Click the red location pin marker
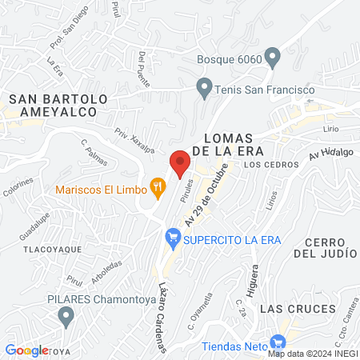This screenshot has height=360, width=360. pyautogui.click(x=179, y=162)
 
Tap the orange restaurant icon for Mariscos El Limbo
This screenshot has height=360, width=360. pyautogui.click(x=158, y=189)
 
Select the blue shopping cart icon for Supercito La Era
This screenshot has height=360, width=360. pyautogui.click(x=172, y=238)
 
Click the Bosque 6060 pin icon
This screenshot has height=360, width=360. pyautogui.click(x=273, y=58)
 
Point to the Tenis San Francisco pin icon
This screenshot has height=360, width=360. pyautogui.click(x=205, y=86)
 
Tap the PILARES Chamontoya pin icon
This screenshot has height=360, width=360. pyautogui.click(x=65, y=319)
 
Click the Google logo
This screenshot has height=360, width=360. pyautogui.click(x=26, y=350)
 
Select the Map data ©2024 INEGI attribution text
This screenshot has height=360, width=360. pyautogui.click(x=312, y=353)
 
